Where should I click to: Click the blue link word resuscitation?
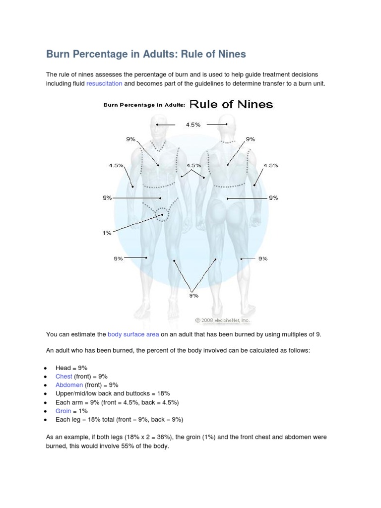(x=104, y=84)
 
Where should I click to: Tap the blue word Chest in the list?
(x=63, y=377)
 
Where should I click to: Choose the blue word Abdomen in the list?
(x=69, y=385)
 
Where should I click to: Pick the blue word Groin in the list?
(x=63, y=411)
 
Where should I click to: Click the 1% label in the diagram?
(x=107, y=233)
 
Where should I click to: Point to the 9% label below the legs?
(x=193, y=295)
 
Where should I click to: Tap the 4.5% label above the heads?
(x=193, y=125)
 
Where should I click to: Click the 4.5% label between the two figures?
(x=193, y=165)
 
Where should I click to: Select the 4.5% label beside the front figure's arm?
(x=116, y=165)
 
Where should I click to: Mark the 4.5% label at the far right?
(x=271, y=165)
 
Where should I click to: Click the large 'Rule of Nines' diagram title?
(x=231, y=104)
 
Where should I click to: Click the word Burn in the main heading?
(x=59, y=54)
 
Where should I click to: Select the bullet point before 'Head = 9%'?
(x=45, y=368)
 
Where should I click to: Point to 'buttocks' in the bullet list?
(x=140, y=393)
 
